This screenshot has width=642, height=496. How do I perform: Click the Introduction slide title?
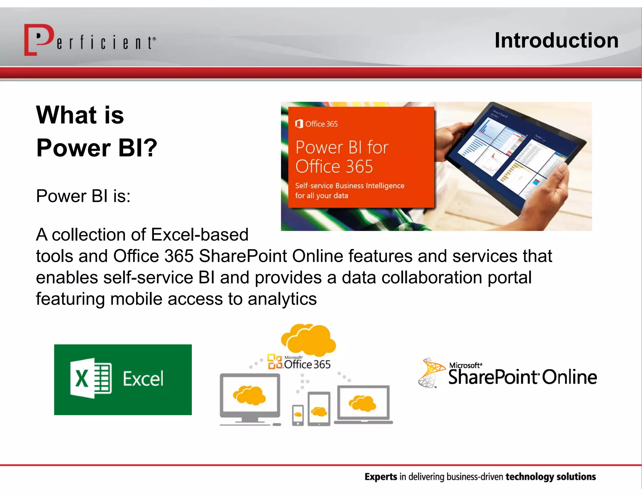tap(556, 40)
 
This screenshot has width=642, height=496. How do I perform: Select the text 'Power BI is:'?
tap(83, 196)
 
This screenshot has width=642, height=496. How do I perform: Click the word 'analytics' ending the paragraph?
tap(282, 299)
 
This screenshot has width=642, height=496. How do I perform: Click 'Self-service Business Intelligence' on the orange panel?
tap(350, 186)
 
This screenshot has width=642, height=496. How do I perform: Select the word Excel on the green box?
tap(143, 379)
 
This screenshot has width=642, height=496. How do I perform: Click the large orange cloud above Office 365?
tap(309, 340)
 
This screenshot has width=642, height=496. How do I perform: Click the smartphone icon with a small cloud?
tap(298, 414)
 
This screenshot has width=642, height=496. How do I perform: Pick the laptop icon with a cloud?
tap(363, 404)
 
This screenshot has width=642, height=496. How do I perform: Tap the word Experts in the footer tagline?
tap(381, 477)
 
